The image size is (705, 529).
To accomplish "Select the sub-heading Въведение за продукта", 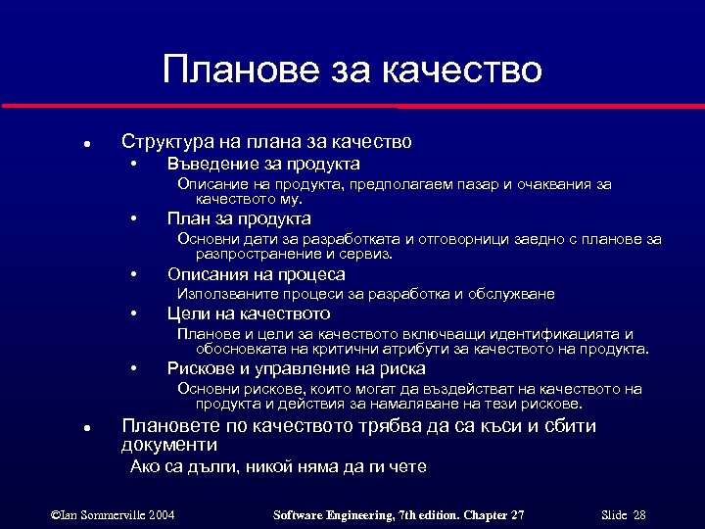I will [x=263, y=164].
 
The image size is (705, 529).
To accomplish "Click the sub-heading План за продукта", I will [x=239, y=218].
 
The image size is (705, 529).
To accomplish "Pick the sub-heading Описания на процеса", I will [x=256, y=274].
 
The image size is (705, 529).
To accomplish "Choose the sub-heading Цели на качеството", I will [x=249, y=313].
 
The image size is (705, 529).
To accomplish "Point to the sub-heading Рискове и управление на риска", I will [x=296, y=368].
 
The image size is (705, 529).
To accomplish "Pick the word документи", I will [x=168, y=445].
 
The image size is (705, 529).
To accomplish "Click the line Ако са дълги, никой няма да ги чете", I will [x=278, y=467].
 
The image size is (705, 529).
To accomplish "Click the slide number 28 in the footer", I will [x=639, y=515].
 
